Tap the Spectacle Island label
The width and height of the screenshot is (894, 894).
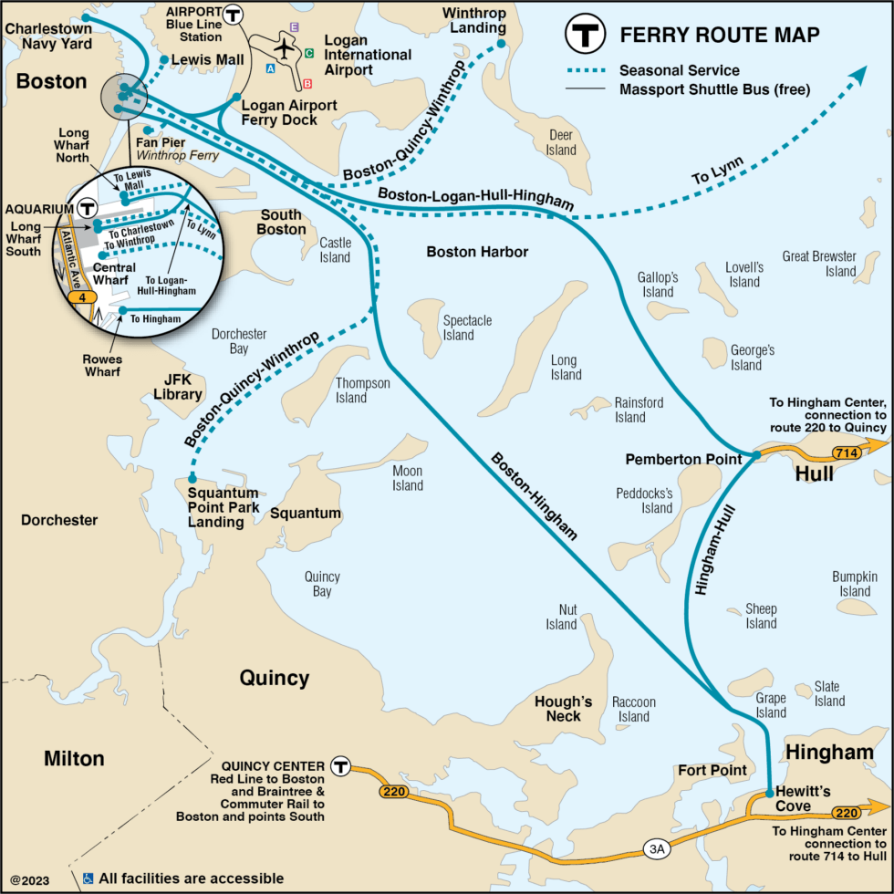467,327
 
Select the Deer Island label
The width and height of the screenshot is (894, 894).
562,142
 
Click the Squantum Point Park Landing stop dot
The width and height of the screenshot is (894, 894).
192,478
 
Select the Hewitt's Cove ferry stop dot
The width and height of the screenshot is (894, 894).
770,792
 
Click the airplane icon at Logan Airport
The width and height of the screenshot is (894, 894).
286,47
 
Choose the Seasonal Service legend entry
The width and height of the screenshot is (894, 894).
667,70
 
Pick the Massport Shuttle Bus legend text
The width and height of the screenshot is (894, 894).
714,89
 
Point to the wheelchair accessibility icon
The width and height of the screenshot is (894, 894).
88,878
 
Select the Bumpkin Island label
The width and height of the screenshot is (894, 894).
854,584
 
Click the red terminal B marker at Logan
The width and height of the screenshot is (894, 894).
307,84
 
